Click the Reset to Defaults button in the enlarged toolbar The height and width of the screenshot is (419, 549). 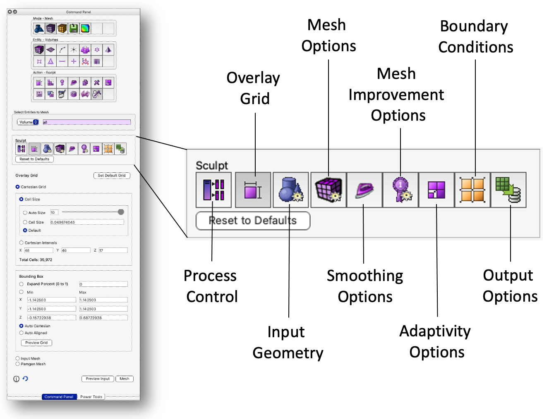[253, 221]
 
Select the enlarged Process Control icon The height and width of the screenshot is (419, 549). [213, 190]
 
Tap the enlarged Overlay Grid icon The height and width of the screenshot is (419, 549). [253, 190]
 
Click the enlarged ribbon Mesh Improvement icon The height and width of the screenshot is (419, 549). [400, 190]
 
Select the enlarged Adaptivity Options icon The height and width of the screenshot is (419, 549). [436, 190]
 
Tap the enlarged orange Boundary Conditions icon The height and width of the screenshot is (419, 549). [472, 190]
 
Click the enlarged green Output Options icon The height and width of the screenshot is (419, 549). [508, 190]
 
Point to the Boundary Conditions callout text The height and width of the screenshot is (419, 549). [475, 37]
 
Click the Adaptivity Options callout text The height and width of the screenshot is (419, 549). [436, 341]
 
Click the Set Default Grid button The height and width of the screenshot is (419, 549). [112, 176]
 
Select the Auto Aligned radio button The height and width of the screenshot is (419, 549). [22, 333]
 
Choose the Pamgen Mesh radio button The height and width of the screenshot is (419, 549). [18, 364]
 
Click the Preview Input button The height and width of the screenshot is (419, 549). [98, 379]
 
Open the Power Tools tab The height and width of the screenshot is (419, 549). [91, 397]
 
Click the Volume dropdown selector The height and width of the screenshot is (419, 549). [28, 122]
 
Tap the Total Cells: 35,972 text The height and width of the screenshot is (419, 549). [36, 260]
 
